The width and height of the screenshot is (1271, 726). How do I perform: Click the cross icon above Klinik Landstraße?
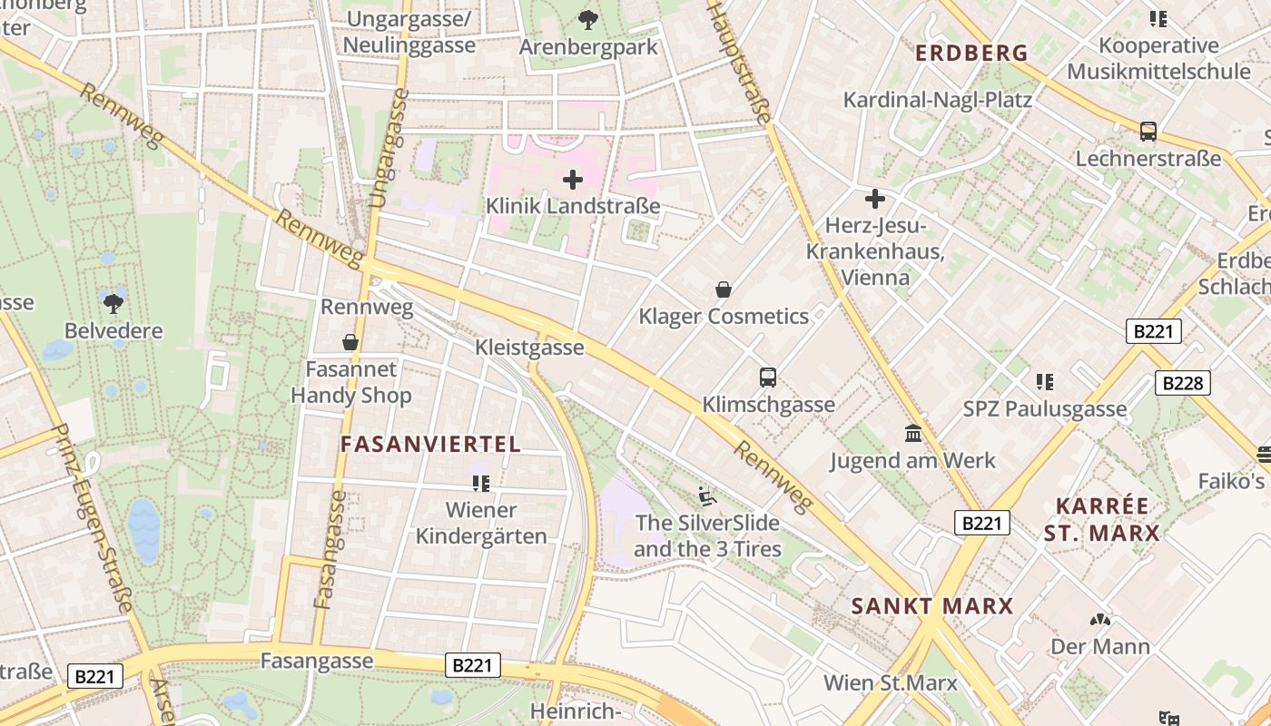[x=573, y=180]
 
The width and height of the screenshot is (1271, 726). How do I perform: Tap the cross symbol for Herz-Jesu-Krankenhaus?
[x=875, y=198]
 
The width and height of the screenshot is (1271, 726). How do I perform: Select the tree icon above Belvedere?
[x=113, y=303]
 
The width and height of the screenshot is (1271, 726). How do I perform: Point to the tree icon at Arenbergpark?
[x=588, y=18]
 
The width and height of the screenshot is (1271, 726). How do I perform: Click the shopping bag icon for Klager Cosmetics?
[x=724, y=289]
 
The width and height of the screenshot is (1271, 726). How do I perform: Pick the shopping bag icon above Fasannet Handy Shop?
[x=350, y=342]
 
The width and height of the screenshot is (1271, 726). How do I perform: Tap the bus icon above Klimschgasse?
[x=768, y=377]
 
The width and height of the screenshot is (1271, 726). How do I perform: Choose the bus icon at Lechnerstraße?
[x=1148, y=132]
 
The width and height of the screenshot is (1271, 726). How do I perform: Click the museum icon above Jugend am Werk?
[x=913, y=433]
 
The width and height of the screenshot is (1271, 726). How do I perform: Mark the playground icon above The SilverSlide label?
[x=707, y=495]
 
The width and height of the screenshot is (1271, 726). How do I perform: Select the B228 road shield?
[x=1183, y=383]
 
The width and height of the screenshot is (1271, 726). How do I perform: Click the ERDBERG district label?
[x=971, y=54]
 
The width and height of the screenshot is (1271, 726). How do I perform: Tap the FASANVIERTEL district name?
[x=430, y=444]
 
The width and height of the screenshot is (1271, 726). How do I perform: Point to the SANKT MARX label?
[x=931, y=606]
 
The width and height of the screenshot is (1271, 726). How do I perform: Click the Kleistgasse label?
[x=529, y=348]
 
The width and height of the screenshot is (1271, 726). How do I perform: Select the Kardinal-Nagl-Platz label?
[x=938, y=100]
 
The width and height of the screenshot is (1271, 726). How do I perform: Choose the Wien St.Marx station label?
[x=890, y=682]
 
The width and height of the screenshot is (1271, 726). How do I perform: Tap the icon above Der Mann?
[x=1100, y=620]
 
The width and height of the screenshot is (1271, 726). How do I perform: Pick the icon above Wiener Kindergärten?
[x=481, y=483]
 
